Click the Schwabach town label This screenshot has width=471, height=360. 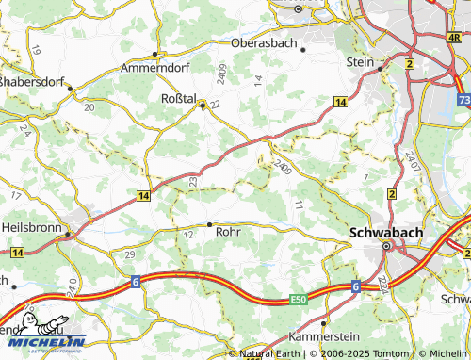click(385, 231)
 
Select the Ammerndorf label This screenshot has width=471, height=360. click(155, 68)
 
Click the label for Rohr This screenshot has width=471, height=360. click(229, 230)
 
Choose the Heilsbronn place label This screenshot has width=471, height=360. click(31, 227)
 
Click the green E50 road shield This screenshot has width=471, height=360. click(299, 300)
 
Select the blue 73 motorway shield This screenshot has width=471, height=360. click(463, 98)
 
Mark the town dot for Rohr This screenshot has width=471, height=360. click(209, 224)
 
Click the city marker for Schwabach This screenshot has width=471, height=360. click(386, 246)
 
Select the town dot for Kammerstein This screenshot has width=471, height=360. click(325, 323)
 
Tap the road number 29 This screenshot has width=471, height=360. click(130, 255)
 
